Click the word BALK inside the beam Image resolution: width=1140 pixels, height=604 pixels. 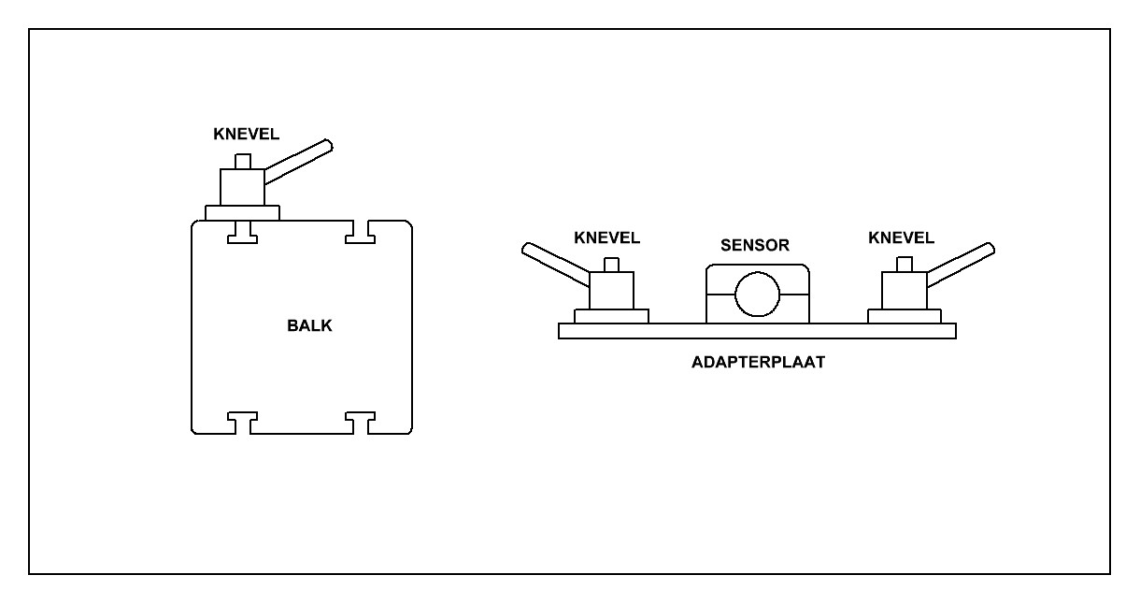[308, 327]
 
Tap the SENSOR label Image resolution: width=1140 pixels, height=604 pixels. [756, 246]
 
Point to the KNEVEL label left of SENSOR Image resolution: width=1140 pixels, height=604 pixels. [607, 238]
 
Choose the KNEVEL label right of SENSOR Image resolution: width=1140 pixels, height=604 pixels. [901, 238]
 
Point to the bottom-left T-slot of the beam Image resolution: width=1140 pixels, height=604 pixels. [242, 422]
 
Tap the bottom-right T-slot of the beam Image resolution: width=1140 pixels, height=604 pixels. [360, 422]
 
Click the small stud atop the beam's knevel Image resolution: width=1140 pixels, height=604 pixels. [242, 161]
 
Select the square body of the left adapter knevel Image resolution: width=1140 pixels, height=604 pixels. [612, 290]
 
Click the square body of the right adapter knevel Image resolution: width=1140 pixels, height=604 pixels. [904, 290]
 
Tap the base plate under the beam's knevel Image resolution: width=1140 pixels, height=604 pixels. [242, 213]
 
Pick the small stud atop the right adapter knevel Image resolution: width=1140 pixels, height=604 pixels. [904, 264]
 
